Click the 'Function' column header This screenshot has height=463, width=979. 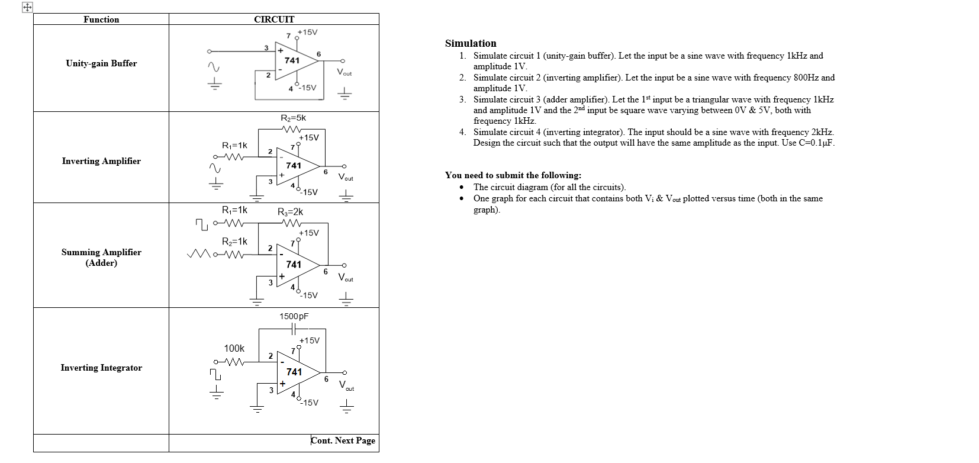pos(101,20)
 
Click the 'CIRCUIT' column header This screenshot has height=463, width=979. pos(273,20)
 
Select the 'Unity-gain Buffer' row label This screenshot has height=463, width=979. pos(101,63)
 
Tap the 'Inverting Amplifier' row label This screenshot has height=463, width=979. pos(101,161)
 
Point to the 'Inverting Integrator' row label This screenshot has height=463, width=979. pos(101,368)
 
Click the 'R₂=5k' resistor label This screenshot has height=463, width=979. pos(293,118)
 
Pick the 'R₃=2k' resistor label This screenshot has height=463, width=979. pos(290,211)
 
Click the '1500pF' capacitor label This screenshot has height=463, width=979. pos(294,316)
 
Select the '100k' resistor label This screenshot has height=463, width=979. pos(234,348)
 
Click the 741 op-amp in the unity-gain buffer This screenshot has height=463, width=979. pos(292,60)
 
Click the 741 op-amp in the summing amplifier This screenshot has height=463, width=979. pos(294,265)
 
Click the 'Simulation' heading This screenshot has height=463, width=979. pos(471,43)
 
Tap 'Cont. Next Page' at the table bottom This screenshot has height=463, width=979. pos(343,441)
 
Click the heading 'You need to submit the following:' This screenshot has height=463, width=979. pos(513,175)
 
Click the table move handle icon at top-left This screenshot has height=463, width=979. pos(27,8)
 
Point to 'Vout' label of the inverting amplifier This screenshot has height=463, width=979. pos(346,177)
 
